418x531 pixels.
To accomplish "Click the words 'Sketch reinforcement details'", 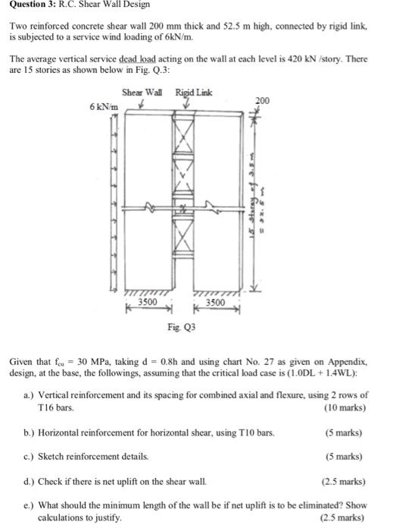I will pyautogui.click(x=94, y=457).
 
